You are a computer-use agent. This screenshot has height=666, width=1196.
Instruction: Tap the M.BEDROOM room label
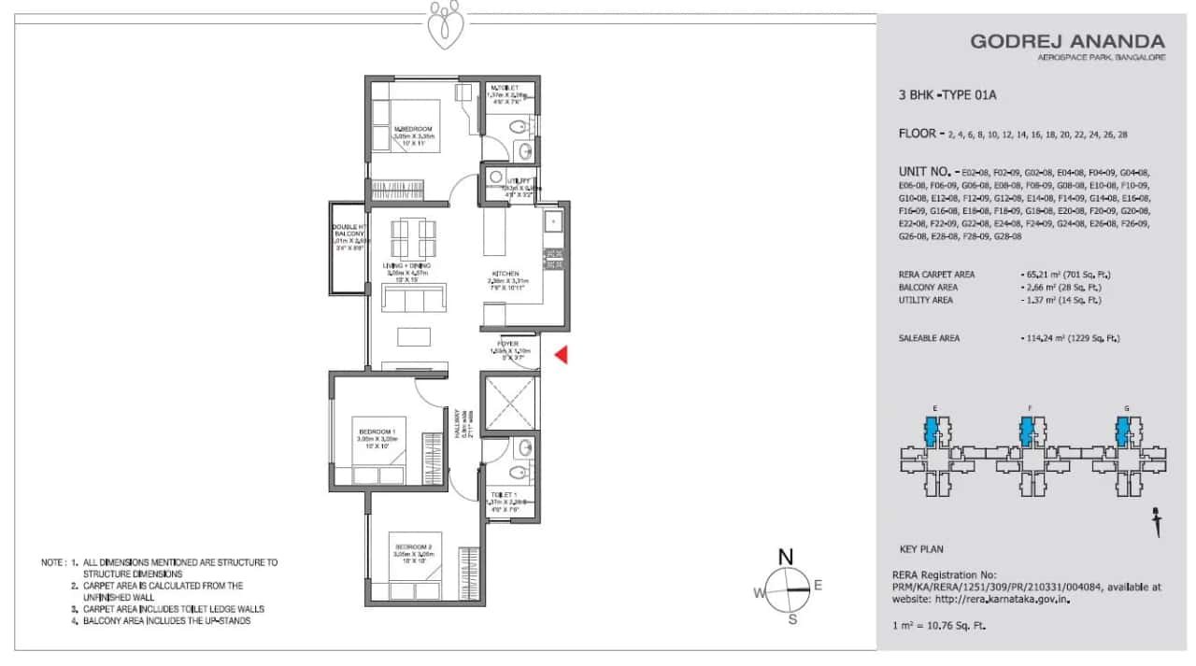point(412,129)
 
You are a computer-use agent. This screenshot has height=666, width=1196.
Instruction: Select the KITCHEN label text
point(508,274)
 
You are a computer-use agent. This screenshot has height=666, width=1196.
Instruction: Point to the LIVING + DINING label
point(406,265)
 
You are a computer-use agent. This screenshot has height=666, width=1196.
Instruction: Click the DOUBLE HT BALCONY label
point(349,233)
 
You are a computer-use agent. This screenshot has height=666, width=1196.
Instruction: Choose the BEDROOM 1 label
point(377,431)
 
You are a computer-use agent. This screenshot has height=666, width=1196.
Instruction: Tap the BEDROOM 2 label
point(412,546)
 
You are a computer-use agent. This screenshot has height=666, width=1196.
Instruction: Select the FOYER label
point(508,344)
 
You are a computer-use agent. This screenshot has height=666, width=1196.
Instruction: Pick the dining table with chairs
point(412,239)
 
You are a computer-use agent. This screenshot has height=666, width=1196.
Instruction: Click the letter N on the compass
point(786,558)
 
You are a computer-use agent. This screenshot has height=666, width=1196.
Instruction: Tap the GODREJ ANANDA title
point(1067,41)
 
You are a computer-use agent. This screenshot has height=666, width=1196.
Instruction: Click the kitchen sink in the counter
point(552,222)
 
